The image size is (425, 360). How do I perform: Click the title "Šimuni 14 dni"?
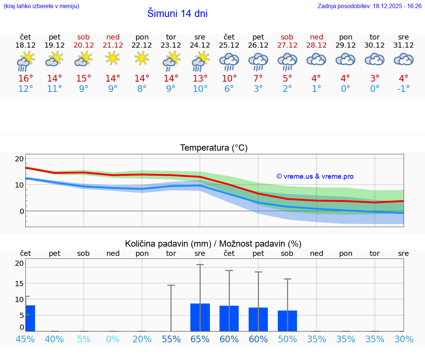click(x=177, y=14)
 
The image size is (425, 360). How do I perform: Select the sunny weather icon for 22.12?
click(x=142, y=58)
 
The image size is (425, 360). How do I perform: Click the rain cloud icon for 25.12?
click(x=229, y=62)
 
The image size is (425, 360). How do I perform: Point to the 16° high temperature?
click(x=25, y=78)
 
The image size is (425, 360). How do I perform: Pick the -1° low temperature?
click(x=403, y=89)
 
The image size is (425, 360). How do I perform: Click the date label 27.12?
click(x=287, y=45)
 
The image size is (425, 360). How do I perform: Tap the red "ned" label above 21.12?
click(x=113, y=37)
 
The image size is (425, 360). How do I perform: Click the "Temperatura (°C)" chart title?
click(x=214, y=148)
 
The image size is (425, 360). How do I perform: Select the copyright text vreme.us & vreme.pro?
click(x=315, y=176)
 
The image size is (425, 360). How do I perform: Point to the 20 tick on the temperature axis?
click(x=19, y=159)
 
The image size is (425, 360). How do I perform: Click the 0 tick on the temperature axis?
click(x=21, y=211)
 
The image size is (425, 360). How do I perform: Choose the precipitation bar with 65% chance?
click(x=200, y=317)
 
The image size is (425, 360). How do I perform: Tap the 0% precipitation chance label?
click(x=113, y=339)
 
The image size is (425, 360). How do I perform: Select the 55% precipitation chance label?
click(x=171, y=339)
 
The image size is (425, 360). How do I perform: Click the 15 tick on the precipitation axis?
click(x=19, y=283)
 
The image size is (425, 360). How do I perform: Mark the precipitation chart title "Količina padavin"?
click(x=168, y=244)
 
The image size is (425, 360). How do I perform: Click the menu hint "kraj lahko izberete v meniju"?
click(x=41, y=6)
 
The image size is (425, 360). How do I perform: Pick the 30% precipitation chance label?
click(x=403, y=339)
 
